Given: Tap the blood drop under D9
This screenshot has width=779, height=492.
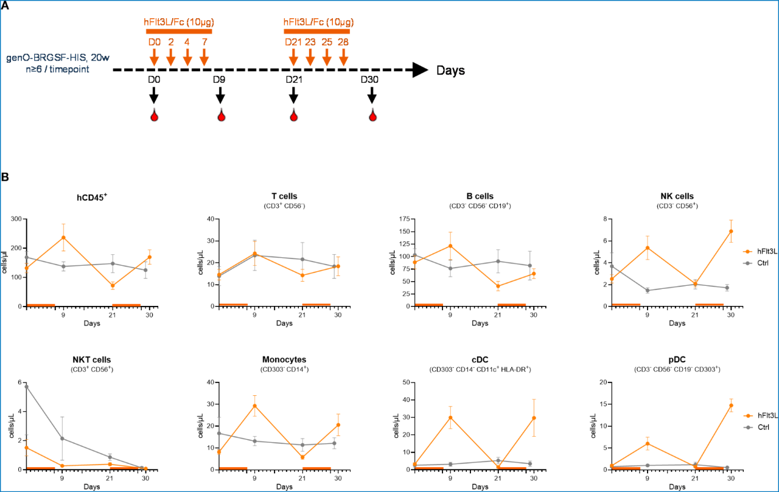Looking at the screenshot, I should click(x=220, y=115).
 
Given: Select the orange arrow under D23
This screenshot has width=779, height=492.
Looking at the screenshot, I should click(x=310, y=57).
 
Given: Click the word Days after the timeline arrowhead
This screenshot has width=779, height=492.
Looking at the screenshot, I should click(x=450, y=71).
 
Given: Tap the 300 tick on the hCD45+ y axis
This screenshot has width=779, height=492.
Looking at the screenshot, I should click(x=17, y=219).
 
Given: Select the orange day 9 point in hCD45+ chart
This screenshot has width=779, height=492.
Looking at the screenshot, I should click(x=63, y=237).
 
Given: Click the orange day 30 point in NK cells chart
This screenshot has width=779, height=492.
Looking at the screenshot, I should click(x=730, y=231).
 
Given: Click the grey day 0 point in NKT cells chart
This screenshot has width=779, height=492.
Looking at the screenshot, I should click(x=27, y=387).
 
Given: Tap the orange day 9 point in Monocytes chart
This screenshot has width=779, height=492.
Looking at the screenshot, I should click(x=255, y=406).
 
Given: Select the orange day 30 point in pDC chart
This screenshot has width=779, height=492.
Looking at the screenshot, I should click(x=730, y=405).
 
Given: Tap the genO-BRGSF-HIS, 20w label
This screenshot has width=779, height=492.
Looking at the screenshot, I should click(x=52, y=58).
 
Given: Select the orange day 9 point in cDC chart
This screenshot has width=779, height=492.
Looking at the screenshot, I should click(x=450, y=417).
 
